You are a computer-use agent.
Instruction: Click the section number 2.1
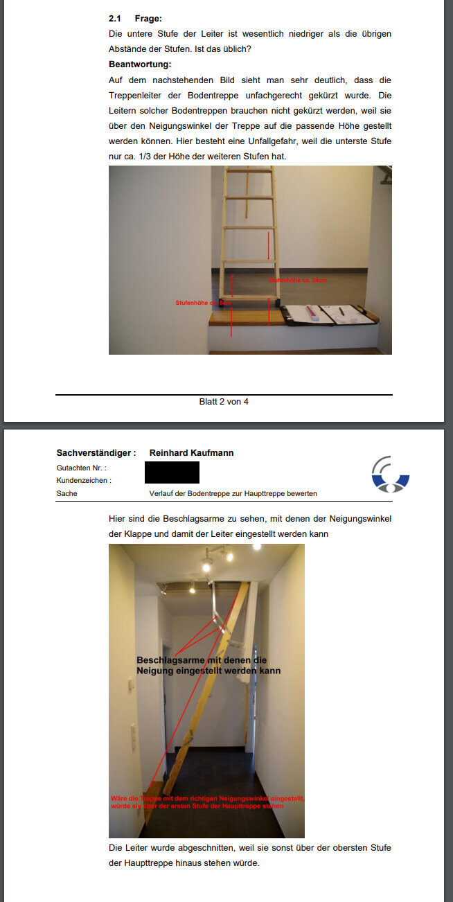(115, 19)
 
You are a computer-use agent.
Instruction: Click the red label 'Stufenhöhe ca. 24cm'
(297, 280)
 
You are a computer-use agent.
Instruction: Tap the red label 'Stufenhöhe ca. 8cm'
(202, 303)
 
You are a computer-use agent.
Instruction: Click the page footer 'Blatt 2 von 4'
(224, 402)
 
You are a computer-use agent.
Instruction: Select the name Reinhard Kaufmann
(191, 453)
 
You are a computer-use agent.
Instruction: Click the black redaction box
(172, 472)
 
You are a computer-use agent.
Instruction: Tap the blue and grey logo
(390, 475)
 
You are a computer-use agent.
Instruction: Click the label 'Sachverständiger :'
(96, 453)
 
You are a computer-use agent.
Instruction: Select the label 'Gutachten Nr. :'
(82, 468)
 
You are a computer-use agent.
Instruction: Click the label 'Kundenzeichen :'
(85, 480)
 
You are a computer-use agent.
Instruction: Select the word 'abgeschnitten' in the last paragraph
(197, 848)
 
